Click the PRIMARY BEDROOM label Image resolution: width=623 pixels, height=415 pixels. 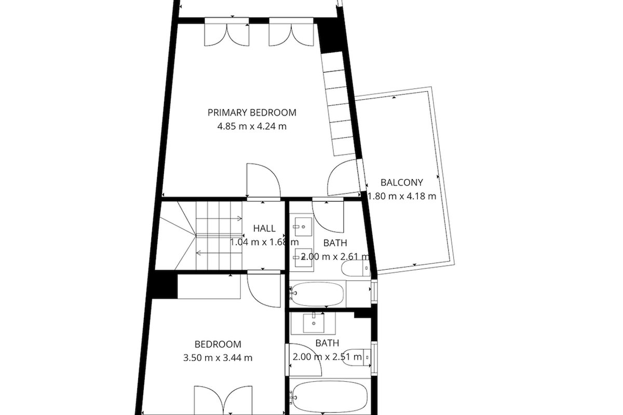(252, 113)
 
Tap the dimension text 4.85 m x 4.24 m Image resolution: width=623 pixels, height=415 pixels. (252, 127)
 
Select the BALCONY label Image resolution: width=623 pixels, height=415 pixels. (402, 183)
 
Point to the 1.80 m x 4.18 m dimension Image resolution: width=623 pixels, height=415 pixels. (402, 196)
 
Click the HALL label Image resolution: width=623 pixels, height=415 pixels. (264, 228)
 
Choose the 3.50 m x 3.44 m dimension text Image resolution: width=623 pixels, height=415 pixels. (218, 358)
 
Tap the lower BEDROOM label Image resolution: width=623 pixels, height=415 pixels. (218, 344)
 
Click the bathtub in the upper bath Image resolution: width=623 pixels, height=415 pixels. (317, 294)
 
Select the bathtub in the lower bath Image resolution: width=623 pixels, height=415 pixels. (330, 397)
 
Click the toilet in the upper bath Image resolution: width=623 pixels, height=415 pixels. (356, 268)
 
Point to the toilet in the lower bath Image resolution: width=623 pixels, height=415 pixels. (357, 357)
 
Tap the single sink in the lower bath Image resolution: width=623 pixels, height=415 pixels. (314, 323)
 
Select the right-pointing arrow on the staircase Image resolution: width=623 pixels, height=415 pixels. (219, 218)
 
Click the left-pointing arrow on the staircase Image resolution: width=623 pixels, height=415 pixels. (219, 253)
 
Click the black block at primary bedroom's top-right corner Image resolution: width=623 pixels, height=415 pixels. (329, 37)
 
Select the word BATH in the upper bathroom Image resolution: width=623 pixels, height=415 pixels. (335, 243)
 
